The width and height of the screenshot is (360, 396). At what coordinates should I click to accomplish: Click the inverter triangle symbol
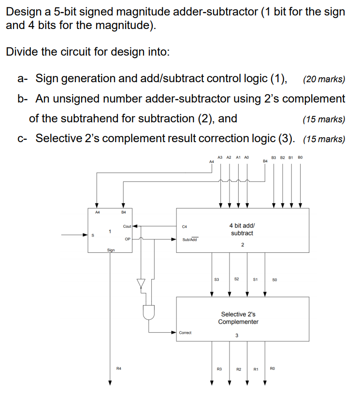click(x=141, y=283)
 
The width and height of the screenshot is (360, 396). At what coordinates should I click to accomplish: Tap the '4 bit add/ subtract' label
click(x=242, y=229)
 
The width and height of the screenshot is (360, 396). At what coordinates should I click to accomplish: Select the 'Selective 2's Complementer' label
click(x=238, y=318)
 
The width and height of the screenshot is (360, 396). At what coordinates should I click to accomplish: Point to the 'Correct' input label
click(x=185, y=333)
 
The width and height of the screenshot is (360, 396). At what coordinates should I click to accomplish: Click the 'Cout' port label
click(x=127, y=226)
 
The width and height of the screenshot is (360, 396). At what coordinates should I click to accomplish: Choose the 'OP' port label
click(x=127, y=239)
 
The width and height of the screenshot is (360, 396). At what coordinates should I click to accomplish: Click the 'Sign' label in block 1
click(x=111, y=250)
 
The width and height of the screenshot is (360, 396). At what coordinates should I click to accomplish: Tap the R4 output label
click(x=119, y=369)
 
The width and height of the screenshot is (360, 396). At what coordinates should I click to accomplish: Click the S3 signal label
click(x=216, y=279)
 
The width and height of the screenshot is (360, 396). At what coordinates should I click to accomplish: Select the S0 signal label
click(x=274, y=279)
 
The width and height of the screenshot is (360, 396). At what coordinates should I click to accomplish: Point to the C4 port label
click(x=184, y=226)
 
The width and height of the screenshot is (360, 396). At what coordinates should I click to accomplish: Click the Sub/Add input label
click(x=189, y=239)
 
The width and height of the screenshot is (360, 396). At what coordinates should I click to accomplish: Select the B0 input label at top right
click(x=300, y=157)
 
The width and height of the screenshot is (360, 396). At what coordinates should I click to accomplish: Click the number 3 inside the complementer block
click(x=237, y=336)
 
